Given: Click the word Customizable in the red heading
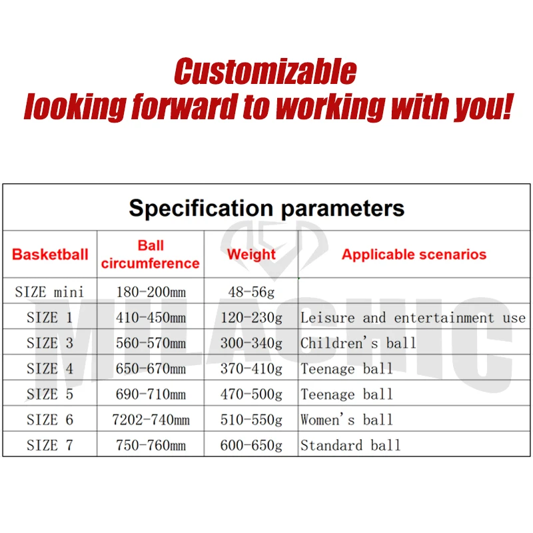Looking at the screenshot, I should pos(265,71).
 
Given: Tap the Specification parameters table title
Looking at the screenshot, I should pos(266,208).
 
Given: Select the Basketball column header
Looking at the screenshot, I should pos(50,254).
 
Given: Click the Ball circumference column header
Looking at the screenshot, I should pos(151,255).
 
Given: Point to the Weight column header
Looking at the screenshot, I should pos(251,254).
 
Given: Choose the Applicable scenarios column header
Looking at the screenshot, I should pos(414,254).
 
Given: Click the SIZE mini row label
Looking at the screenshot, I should pos(50,291).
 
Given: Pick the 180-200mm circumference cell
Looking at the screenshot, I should pos(151,291).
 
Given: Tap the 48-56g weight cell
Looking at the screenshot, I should pos(251,291).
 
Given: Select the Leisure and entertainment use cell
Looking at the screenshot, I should pos(413,317).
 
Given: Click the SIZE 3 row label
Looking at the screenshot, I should pos(50,343).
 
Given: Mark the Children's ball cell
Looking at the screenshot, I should pos(358,343).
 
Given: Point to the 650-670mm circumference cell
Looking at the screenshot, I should pos(151,368).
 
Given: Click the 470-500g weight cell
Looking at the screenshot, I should pos(251,394).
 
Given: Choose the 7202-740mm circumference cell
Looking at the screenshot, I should pos(151,420).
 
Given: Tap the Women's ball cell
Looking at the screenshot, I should pos(346,420).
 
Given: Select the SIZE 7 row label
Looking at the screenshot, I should pos(50,445).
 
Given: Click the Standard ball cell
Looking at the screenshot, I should pos(350,445).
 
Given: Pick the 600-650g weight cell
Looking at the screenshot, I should pos(251,445).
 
